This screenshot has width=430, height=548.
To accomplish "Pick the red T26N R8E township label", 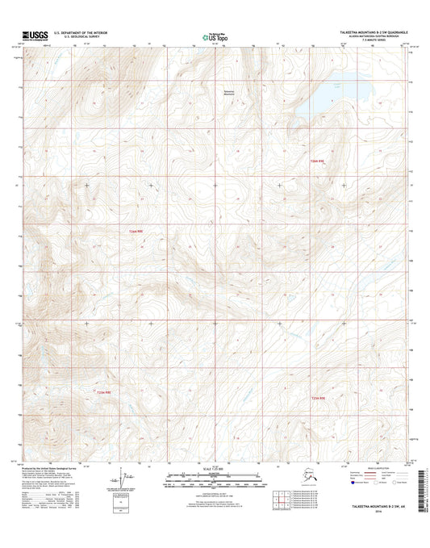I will pos(135,232).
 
